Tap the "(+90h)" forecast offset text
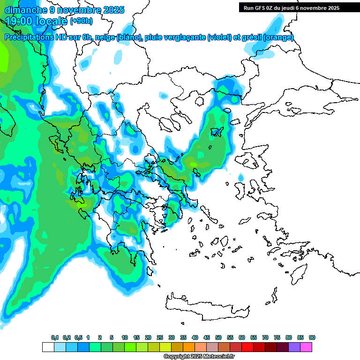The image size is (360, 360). click(81, 21)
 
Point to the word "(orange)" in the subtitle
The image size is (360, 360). click(278, 37)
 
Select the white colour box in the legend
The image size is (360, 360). click(48, 347)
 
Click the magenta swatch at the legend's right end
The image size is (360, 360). click(307, 347)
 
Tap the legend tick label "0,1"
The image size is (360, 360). click(54, 337)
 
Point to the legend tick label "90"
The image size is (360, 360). click(312, 337)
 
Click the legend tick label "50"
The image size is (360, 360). click(218, 337)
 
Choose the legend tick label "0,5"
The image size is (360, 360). click(78, 337)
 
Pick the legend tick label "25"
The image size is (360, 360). click(160, 337)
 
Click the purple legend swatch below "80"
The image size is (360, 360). click(294, 347)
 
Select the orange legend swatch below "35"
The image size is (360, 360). click(189, 347)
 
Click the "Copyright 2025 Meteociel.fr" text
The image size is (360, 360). click(199, 357)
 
